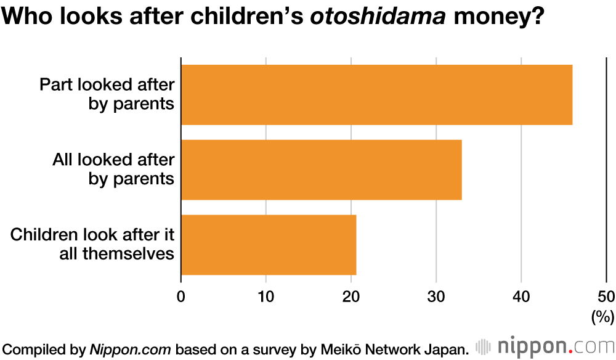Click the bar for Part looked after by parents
376,95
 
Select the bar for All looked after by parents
321,170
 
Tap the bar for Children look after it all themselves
269,244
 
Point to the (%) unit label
602,317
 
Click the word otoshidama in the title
377,17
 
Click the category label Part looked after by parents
107,94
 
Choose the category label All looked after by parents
113,169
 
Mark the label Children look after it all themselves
93,243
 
